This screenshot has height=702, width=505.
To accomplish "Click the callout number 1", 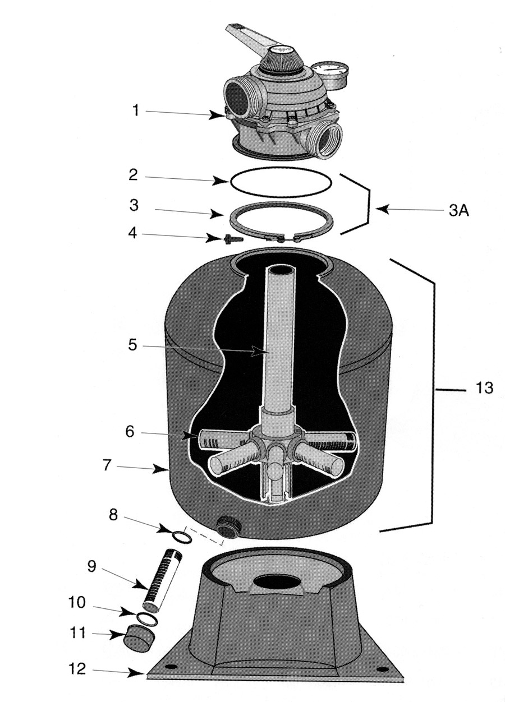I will click(135, 111).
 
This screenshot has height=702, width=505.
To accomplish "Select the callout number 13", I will click(484, 388).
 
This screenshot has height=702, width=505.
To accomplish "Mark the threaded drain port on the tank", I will click(229, 526).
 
